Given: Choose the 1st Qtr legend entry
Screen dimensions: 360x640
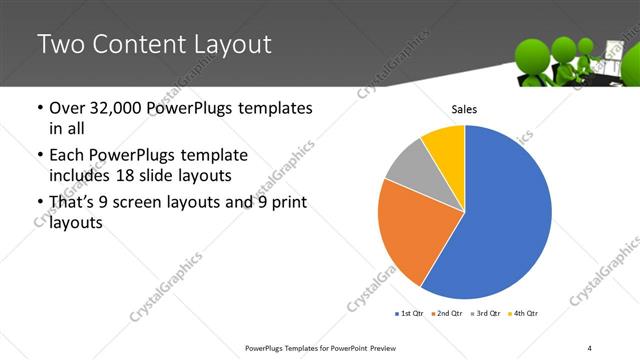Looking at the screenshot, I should coord(411,314).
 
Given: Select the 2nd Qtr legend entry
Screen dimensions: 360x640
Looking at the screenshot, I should coord(445,314).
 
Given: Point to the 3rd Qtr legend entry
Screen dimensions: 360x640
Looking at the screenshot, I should coord(486,314).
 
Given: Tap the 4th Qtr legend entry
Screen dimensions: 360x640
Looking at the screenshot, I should coord(523,314).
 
